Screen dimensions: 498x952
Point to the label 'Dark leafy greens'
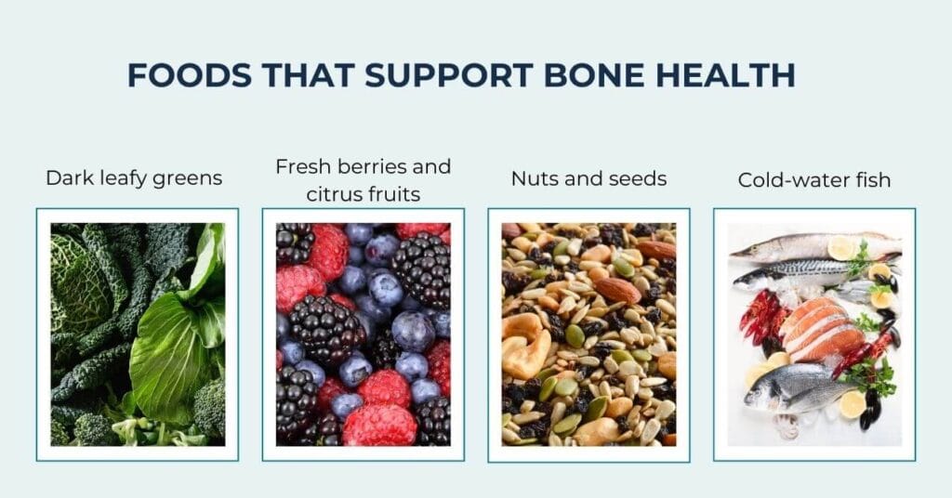click(x=134, y=177)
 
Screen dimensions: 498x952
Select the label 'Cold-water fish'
click(x=814, y=179)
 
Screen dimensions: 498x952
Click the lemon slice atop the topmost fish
click(x=842, y=246)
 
